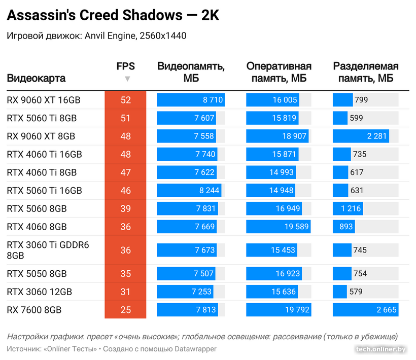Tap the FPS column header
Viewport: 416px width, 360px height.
point(126,66)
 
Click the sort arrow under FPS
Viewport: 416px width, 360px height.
point(127,79)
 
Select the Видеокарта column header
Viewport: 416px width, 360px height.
point(36,79)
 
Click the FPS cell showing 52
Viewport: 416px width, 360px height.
point(126,100)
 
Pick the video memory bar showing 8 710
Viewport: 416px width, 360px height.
point(190,100)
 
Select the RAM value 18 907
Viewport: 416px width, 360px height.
point(294,136)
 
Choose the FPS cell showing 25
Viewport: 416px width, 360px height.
point(126,310)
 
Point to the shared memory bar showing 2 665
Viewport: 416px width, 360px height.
point(365,310)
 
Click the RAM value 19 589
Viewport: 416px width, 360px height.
point(294,227)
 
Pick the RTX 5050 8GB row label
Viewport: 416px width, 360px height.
point(37,274)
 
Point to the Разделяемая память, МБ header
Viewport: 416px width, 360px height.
point(365,73)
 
